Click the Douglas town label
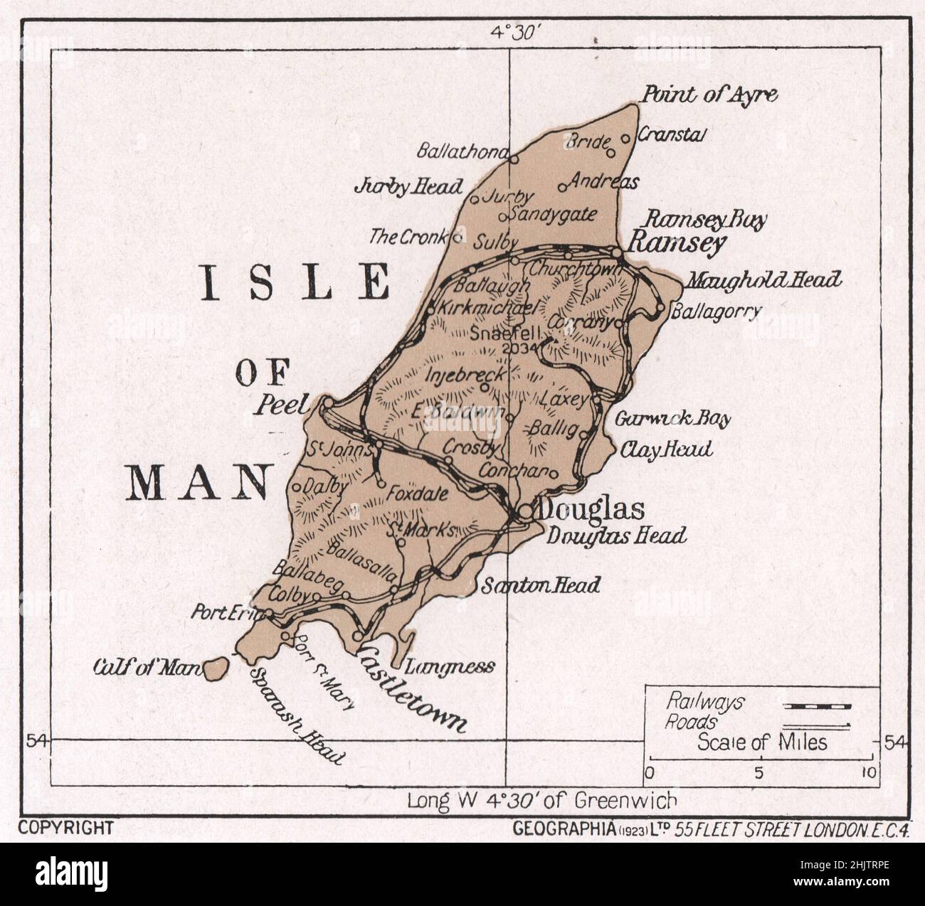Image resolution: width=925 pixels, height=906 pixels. pyautogui.click(x=592, y=509)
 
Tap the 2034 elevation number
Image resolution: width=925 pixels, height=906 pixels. pyautogui.click(x=515, y=349)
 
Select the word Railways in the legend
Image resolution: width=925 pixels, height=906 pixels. pyautogui.click(x=704, y=702)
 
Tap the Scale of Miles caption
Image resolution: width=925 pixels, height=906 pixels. pyautogui.click(x=762, y=742)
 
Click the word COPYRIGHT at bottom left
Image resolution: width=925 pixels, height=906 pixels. pyautogui.click(x=66, y=827)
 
